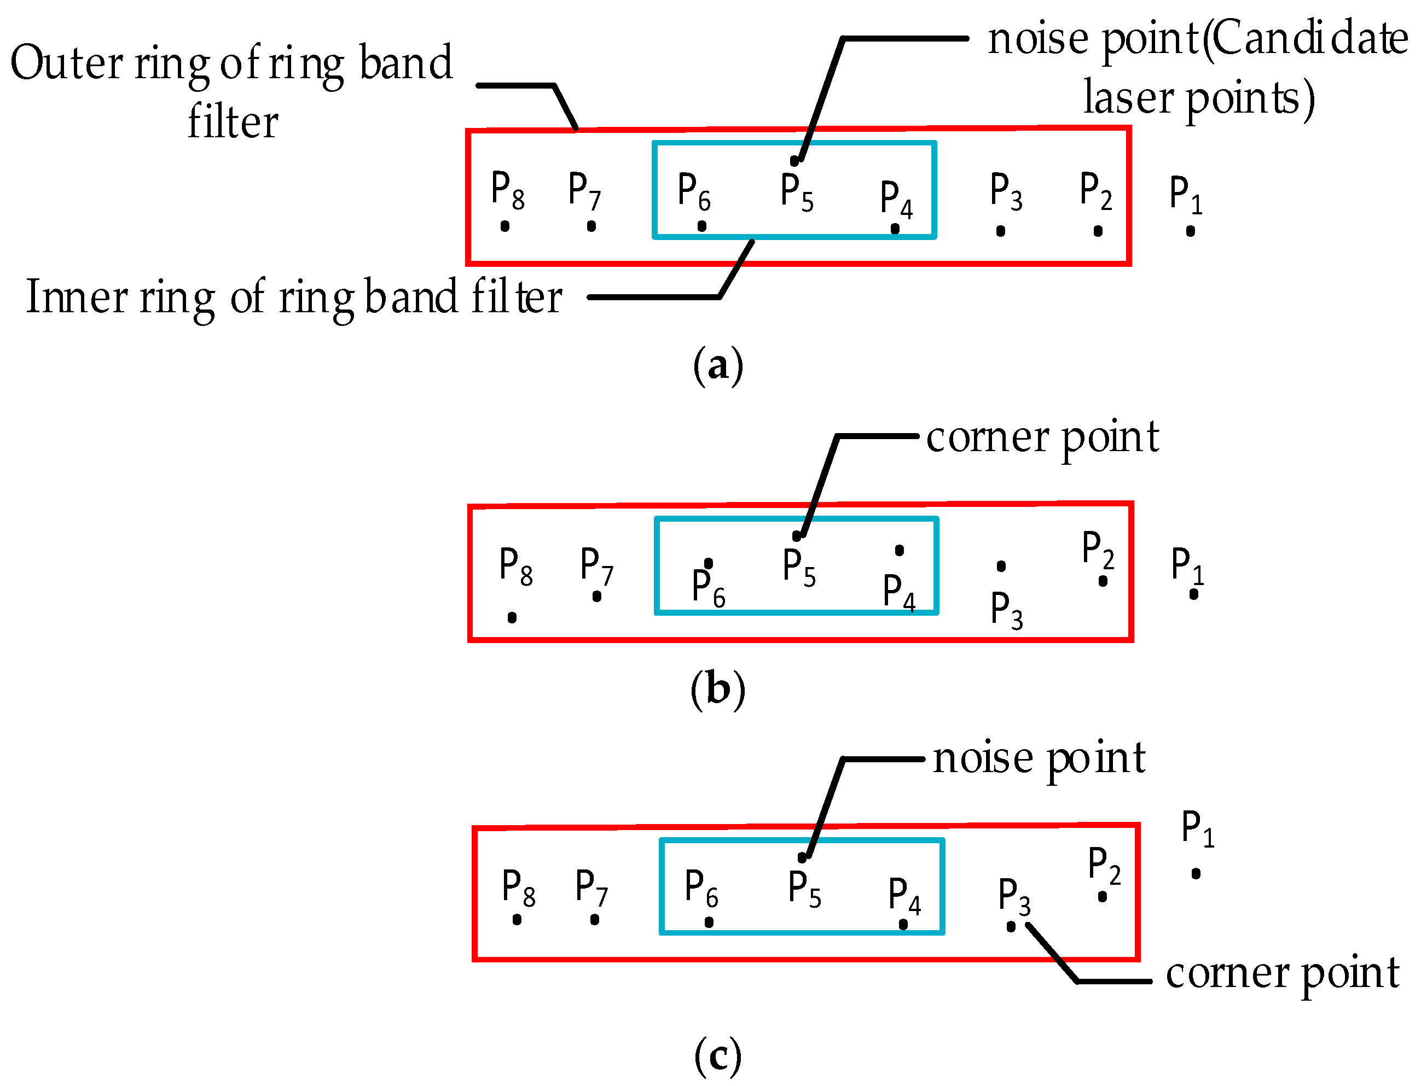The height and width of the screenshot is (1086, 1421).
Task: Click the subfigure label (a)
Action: coord(717,366)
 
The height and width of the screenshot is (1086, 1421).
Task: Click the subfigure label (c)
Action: coord(717,1054)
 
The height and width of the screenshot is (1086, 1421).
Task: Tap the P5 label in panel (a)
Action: coord(796,192)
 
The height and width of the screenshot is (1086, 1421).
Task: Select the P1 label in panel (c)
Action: coord(1197,828)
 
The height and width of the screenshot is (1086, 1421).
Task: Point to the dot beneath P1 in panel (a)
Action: coord(1190,231)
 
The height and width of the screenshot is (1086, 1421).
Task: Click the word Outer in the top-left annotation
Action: coord(66,63)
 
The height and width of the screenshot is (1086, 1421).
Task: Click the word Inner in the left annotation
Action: coord(76,297)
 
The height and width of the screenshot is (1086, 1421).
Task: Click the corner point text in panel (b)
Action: coord(1042,437)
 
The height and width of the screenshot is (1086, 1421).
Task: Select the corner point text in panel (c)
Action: coord(1282,973)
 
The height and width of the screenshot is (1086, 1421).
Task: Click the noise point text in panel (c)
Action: coord(1039,757)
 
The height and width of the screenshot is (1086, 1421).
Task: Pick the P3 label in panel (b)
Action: coord(1006,610)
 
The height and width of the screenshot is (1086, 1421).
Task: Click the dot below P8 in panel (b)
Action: coord(512,617)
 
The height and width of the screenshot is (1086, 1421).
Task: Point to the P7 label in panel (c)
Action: coord(590,888)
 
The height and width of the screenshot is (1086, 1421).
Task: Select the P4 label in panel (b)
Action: coord(898,592)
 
